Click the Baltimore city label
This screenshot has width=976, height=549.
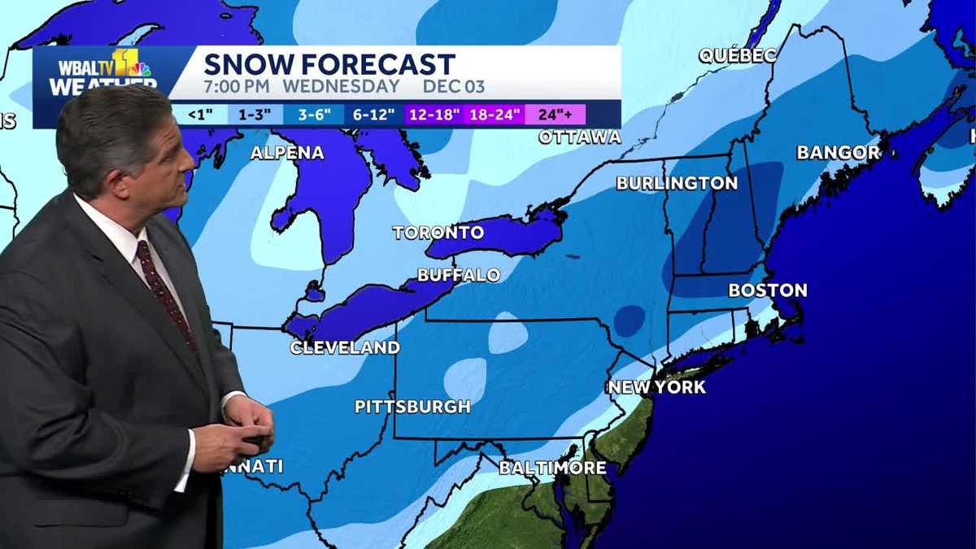tap(552, 468)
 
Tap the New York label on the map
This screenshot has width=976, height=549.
tap(657, 387)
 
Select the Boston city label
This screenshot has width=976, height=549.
tap(768, 290)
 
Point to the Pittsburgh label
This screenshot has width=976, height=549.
tap(413, 407)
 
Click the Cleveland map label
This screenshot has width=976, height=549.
tap(346, 348)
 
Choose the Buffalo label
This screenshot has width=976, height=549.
tap(459, 275)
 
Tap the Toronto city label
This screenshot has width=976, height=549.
tap(438, 233)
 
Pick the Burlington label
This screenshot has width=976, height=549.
tap(677, 183)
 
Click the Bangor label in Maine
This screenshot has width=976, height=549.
tap(839, 152)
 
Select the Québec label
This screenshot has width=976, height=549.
tap(738, 55)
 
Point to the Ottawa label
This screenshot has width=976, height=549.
tap(580, 137)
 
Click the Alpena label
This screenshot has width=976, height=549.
tap(287, 152)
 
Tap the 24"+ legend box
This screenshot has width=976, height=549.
tap(556, 115)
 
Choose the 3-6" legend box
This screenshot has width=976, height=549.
tap(312, 115)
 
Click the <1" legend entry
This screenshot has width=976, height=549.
tap(200, 115)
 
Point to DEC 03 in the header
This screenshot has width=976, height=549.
tap(453, 86)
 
